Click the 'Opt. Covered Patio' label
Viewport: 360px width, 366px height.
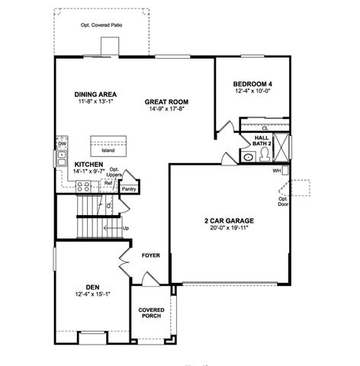101,24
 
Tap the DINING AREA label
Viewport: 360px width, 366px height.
95,94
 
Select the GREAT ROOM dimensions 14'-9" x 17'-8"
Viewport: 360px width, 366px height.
167,109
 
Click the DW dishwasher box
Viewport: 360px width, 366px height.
61,143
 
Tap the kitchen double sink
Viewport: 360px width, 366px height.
60,158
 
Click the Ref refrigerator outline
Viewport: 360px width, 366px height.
108,183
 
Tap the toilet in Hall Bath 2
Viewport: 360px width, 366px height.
265,155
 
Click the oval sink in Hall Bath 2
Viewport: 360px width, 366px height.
249,157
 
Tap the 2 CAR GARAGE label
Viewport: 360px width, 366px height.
229,220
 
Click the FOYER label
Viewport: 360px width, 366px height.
150,255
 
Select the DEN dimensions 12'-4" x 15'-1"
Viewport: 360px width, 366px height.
93,294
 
